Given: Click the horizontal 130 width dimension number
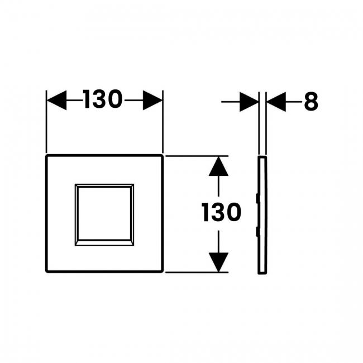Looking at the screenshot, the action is pyautogui.click(x=103, y=100).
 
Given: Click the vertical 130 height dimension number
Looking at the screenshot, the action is pyautogui.click(x=222, y=212).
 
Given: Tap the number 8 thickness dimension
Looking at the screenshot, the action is pyautogui.click(x=311, y=102).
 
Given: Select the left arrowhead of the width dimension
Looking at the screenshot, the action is pyautogui.click(x=57, y=100).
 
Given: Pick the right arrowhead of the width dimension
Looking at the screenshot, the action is pyautogui.click(x=152, y=100).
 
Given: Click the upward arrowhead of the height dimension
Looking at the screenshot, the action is pyautogui.click(x=218, y=166).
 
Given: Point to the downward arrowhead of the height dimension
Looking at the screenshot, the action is pyautogui.click(x=218, y=262).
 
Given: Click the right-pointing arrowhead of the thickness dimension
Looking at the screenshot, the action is pyautogui.click(x=249, y=102).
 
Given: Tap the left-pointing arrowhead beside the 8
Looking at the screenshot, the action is pyautogui.click(x=276, y=102).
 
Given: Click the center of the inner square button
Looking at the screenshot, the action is pyautogui.click(x=104, y=214).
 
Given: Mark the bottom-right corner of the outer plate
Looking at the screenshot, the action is pyautogui.click(x=163, y=272).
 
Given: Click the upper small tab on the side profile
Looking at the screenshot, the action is pyautogui.click(x=257, y=198).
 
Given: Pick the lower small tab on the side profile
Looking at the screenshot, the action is pyautogui.click(x=257, y=232).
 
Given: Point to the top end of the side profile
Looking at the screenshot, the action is pyautogui.click(x=262, y=156).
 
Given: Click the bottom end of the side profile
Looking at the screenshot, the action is pyautogui.click(x=262, y=274).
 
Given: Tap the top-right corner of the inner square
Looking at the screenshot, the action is pyautogui.click(x=133, y=184).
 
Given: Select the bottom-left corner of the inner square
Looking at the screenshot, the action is pyautogui.click(x=75, y=245).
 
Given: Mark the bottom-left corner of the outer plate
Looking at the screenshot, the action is pyautogui.click(x=46, y=272).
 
